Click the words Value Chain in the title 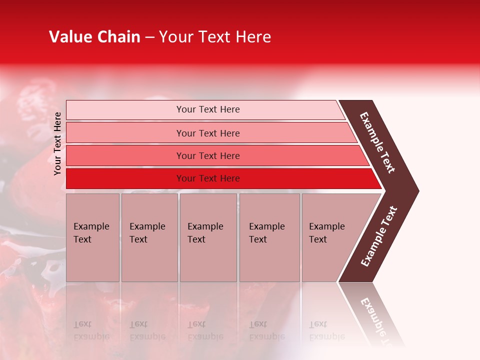(x=94, y=37)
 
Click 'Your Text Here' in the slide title (x=215, y=37)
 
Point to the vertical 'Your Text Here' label (x=57, y=143)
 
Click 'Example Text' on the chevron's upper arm (x=377, y=142)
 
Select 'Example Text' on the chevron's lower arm (x=379, y=236)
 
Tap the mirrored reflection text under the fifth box (x=326, y=330)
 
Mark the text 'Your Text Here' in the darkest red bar (x=208, y=178)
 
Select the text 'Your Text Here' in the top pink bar (x=208, y=109)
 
